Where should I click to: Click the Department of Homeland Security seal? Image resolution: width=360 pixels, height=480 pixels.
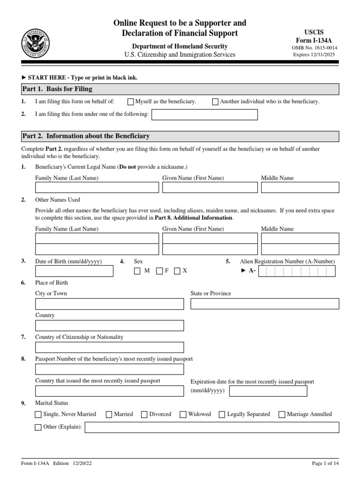(x=35, y=43)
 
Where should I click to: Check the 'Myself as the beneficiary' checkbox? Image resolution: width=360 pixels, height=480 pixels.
(x=131, y=102)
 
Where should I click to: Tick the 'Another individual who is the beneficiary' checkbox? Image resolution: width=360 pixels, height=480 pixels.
(x=215, y=102)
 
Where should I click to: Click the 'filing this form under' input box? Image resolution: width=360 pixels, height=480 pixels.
(x=205, y=114)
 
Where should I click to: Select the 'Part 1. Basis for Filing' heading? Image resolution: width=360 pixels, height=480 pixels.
(x=58, y=89)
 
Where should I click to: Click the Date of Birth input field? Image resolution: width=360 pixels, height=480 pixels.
(x=74, y=271)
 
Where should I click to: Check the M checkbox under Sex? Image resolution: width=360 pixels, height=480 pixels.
(x=137, y=271)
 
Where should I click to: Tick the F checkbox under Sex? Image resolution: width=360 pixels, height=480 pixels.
(x=159, y=271)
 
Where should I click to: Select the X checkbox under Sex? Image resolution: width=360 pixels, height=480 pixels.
(x=177, y=271)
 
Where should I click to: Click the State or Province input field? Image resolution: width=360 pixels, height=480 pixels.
(x=264, y=304)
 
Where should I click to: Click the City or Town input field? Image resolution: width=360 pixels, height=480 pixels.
(x=109, y=304)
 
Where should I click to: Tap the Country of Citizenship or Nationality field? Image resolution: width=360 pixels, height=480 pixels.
(x=109, y=347)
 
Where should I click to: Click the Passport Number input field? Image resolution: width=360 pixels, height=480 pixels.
(x=109, y=369)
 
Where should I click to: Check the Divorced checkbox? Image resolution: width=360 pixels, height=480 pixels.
(x=144, y=414)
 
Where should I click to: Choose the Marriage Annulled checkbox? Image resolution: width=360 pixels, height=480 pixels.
(x=282, y=414)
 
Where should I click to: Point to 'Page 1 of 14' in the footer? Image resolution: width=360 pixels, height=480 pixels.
(x=325, y=464)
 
